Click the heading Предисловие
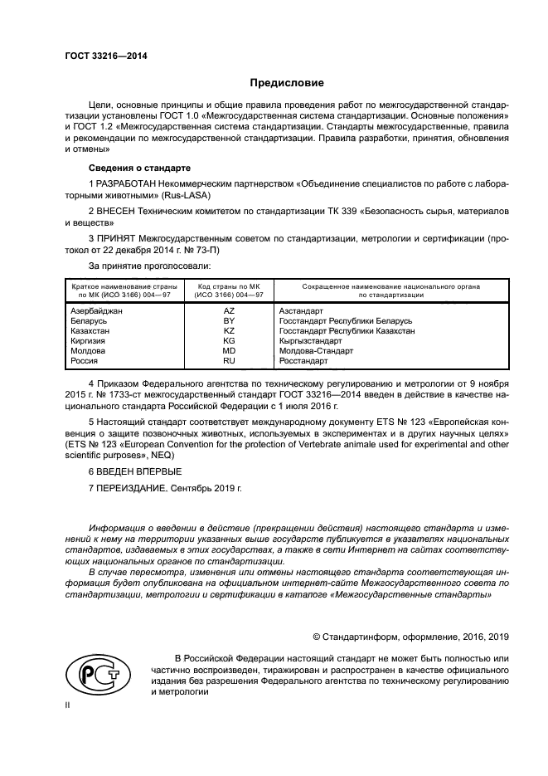point(288,83)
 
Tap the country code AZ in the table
point(229,310)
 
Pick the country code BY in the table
point(229,320)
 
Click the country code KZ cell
point(229,330)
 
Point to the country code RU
point(229,361)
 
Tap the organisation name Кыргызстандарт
point(310,341)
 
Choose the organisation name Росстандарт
point(303,361)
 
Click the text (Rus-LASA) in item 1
point(189,195)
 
